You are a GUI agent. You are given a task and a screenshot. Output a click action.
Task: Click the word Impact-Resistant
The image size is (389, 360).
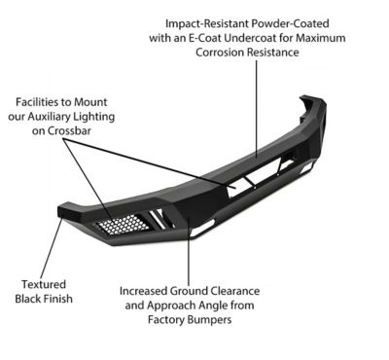(207, 23)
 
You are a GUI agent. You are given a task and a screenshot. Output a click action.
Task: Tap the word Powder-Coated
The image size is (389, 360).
(291, 23)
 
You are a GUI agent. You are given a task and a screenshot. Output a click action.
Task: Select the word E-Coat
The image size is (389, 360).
(205, 38)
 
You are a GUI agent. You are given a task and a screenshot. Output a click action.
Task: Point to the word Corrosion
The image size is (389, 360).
(220, 53)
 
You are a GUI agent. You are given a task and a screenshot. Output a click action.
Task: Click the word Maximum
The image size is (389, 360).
(321, 38)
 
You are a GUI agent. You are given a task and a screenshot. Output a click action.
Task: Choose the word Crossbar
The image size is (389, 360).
(69, 130)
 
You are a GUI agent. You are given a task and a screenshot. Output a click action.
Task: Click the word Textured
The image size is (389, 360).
(44, 284)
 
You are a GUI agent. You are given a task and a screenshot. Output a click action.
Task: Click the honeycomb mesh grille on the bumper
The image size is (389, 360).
(123, 224)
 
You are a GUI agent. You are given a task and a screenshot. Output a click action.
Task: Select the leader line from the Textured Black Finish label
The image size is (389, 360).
(52, 247)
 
